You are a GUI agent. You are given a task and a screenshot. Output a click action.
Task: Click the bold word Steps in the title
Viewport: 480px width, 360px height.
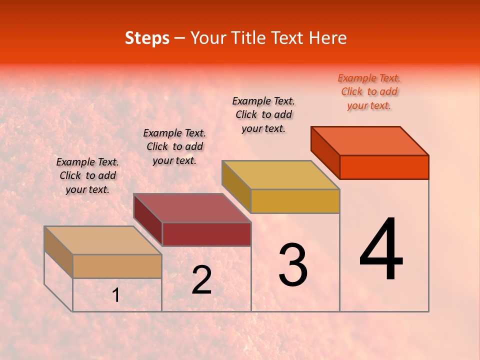click(x=147, y=38)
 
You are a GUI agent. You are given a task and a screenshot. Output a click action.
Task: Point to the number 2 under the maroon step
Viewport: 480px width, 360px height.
click(x=202, y=279)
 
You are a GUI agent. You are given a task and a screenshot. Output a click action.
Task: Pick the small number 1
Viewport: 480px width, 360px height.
click(x=116, y=295)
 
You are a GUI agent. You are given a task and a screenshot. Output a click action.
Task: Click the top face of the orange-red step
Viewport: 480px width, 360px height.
click(x=370, y=140)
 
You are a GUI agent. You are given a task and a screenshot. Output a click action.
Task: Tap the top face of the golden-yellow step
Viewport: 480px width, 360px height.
click(x=281, y=175)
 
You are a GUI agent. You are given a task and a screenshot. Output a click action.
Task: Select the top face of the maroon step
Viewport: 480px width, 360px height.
click(x=192, y=208)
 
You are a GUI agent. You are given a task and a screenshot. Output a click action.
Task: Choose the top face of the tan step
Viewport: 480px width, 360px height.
click(x=103, y=240)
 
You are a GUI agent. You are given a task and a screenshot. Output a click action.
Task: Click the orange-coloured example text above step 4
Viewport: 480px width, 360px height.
click(x=369, y=91)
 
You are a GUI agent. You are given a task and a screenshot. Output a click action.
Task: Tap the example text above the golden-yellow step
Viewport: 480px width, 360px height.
click(x=263, y=114)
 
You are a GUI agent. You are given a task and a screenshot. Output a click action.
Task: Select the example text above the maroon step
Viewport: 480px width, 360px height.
click(x=174, y=146)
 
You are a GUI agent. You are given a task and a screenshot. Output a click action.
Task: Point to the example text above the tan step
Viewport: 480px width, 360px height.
click(x=87, y=175)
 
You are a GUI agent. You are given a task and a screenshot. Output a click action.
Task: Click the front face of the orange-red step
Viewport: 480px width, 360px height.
click(x=384, y=167)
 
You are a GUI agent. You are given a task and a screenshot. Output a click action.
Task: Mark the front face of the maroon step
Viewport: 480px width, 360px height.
click(x=206, y=234)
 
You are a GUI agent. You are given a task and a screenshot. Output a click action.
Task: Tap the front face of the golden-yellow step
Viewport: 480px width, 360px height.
click(x=295, y=201)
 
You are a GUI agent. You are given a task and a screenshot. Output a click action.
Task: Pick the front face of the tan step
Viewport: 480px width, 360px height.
click(x=117, y=266)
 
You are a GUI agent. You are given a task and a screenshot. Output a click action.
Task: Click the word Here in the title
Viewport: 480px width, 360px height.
click(x=327, y=38)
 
